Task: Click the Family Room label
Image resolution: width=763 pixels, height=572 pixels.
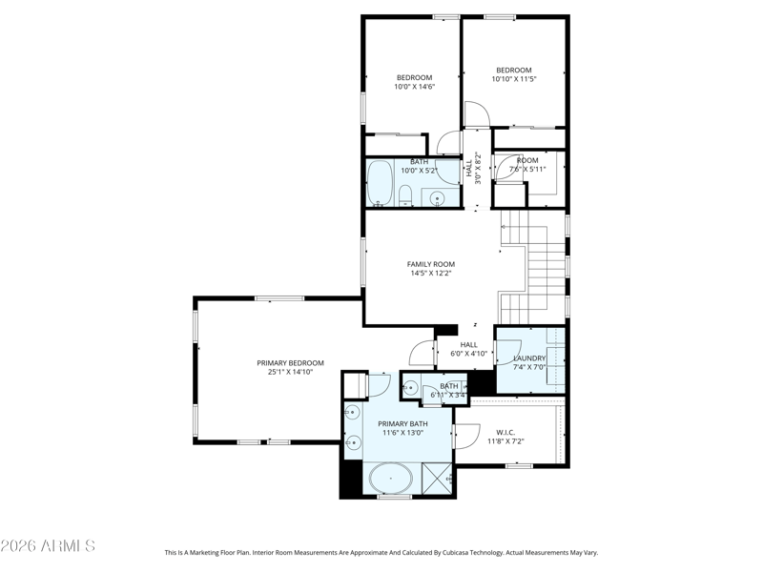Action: pos(431,264)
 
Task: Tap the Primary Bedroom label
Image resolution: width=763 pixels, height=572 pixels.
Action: pos(290,363)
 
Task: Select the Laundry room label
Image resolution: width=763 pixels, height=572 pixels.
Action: pos(529,358)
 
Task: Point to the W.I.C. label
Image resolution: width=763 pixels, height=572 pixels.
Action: pos(505,433)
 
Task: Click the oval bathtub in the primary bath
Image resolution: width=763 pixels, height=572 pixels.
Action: pos(391,479)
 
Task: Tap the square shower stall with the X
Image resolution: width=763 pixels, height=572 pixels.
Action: pos(437,479)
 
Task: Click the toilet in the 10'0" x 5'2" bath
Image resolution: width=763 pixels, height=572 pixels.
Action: pos(404,196)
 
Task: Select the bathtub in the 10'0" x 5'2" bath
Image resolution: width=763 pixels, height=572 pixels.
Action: pos(380,184)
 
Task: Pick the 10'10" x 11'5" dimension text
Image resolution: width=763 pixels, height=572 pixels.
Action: pos(514,79)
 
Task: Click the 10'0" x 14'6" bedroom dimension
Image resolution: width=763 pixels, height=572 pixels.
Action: pos(414,87)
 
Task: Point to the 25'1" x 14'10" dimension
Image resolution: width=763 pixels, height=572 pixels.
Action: pos(290,372)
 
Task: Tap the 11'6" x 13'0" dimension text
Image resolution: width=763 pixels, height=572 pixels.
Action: pos(402,433)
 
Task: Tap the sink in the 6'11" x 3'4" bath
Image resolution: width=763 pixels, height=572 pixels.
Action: pos(410,388)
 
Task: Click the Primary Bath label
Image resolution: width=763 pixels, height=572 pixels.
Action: pos(402,423)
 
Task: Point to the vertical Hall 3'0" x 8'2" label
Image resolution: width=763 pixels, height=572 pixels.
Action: pos(473,168)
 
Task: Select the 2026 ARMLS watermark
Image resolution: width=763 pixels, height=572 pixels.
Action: pos(48,545)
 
